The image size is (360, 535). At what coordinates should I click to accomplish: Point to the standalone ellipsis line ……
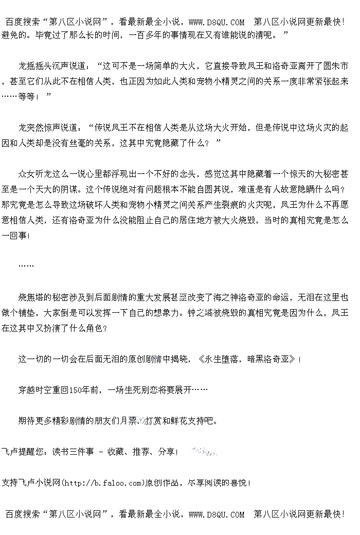point(26,266)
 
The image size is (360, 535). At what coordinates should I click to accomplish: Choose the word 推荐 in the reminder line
point(140,452)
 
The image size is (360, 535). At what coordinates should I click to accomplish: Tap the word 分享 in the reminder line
point(166,452)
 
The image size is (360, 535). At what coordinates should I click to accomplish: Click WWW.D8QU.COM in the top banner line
point(217,22)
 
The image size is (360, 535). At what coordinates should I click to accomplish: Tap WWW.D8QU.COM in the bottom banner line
point(217,514)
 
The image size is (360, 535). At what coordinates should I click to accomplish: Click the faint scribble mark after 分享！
point(204,452)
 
